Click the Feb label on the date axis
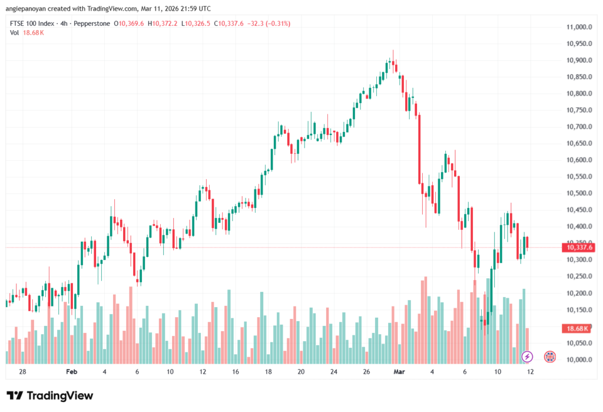[x=71, y=372]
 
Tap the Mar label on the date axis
[x=400, y=372]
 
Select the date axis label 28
[x=22, y=372]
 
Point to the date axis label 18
[x=268, y=372]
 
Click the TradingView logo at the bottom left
[x=49, y=395]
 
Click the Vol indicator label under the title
[x=15, y=32]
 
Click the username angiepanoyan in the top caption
[x=29, y=9]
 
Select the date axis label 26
[x=366, y=372]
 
